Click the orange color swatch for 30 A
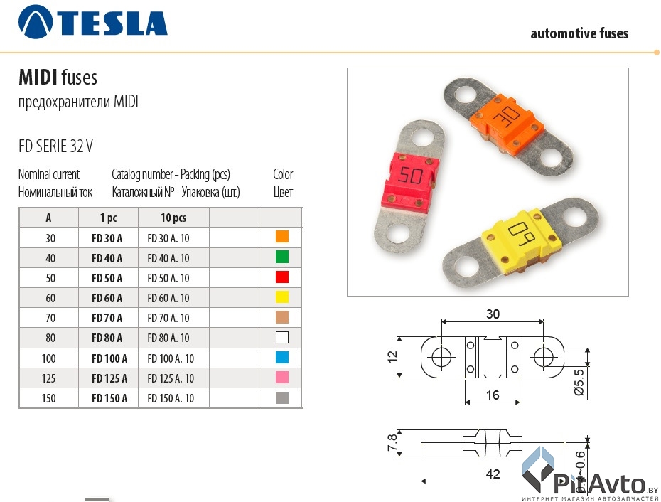(x=281, y=237)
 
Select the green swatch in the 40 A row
(x=281, y=257)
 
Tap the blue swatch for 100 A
(x=281, y=357)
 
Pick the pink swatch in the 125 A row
(x=281, y=377)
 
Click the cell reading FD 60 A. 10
(x=168, y=298)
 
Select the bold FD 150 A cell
(x=109, y=398)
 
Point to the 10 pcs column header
(x=173, y=218)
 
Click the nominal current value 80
(x=49, y=338)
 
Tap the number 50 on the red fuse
(x=411, y=176)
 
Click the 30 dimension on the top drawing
(x=493, y=313)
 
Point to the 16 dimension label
(x=492, y=395)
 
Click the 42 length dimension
(x=493, y=473)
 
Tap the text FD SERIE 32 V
(x=55, y=146)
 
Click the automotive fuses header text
(x=579, y=33)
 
